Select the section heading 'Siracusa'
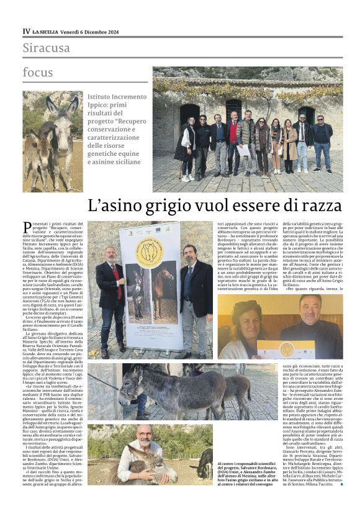point(47,47)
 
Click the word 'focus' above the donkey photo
point(38,71)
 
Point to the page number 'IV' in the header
point(26,31)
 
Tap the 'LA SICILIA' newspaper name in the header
point(47,31)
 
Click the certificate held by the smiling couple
point(286,348)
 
